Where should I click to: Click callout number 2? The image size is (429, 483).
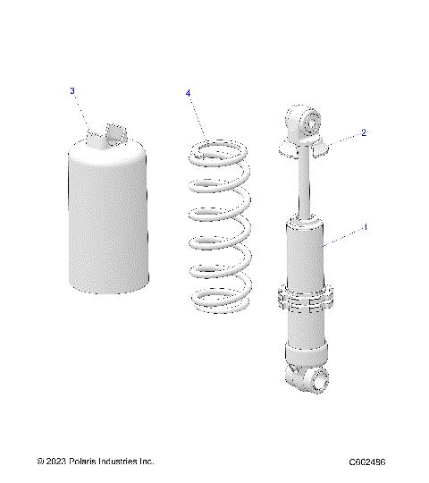(364, 133)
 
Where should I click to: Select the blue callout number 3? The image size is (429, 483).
(72, 90)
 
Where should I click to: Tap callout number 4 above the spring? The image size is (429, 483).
(188, 93)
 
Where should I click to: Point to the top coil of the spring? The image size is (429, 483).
(218, 148)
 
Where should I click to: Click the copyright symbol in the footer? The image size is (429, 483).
(40, 462)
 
